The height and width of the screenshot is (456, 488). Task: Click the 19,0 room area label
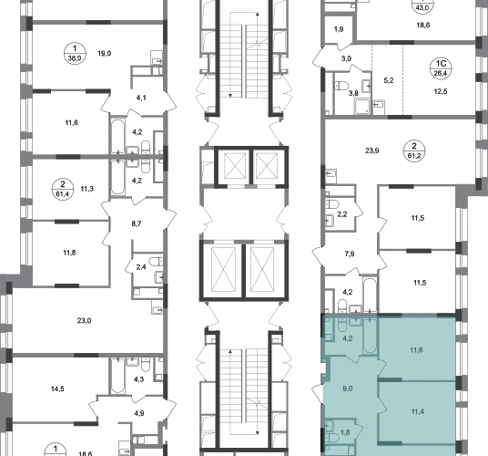click(105, 53)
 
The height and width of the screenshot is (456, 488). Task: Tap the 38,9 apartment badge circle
click(75, 53)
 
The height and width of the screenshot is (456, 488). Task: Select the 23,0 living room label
click(84, 320)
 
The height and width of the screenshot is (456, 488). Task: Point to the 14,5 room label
click(57, 389)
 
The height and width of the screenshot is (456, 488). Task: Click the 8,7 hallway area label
click(137, 223)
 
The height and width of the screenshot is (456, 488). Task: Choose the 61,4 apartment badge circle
click(63, 189)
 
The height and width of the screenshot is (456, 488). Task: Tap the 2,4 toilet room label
click(141, 267)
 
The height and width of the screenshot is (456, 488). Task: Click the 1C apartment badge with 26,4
click(441, 68)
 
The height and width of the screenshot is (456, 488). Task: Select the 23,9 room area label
click(371, 150)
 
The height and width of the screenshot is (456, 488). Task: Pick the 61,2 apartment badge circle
click(414, 150)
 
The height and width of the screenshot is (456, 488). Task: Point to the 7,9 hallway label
click(350, 254)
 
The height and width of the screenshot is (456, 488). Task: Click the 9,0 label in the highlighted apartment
click(347, 389)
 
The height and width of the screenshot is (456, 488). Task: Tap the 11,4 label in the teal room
click(417, 411)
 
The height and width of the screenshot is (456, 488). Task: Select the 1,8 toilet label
click(345, 432)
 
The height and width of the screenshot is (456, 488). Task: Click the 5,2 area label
click(389, 80)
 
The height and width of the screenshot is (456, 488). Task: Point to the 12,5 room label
click(441, 91)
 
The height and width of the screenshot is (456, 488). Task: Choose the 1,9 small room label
click(339, 29)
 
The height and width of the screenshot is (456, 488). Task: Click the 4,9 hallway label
click(139, 413)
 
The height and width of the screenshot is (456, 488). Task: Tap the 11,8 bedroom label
click(69, 253)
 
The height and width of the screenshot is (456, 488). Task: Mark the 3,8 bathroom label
click(353, 93)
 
